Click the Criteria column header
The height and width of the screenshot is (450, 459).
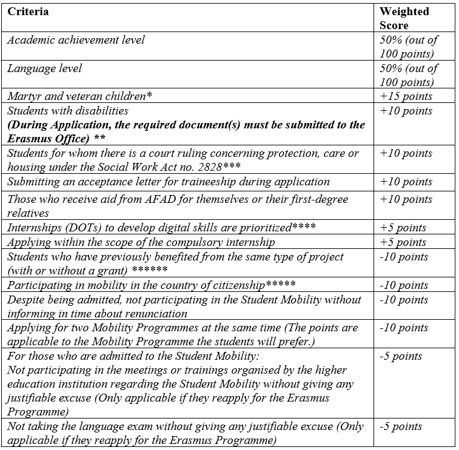pos(28,12)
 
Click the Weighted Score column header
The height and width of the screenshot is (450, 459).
pos(404,18)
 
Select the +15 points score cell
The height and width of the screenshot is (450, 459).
pos(406,96)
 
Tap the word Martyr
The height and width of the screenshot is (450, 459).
pos(22,96)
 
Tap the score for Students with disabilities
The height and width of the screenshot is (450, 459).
pos(406,111)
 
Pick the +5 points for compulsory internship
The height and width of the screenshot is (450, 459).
pos(403,242)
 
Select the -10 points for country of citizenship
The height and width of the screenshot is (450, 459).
pos(404,285)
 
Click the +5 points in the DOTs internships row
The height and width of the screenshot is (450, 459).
pos(403,228)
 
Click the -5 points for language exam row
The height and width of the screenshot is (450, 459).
pos(401,427)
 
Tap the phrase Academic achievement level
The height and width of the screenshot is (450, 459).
pos(76,40)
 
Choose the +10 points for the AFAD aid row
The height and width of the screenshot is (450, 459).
pos(406,199)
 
